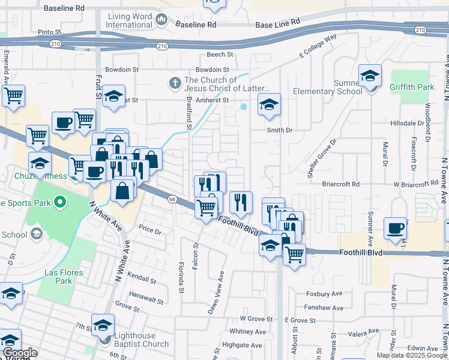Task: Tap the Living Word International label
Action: pos(129,20)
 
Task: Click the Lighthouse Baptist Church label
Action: pos(140,340)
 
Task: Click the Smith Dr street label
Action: pos(280,130)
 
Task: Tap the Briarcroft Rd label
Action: pos(340,184)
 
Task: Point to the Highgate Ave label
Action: pos(243,345)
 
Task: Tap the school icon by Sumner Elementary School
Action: pos(370,76)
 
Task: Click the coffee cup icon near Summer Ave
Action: pos(395,228)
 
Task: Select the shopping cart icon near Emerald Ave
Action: pos(13,95)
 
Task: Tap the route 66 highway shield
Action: pos(172,199)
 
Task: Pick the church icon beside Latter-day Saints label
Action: pos(175,82)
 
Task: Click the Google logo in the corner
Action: pos(20,353)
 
